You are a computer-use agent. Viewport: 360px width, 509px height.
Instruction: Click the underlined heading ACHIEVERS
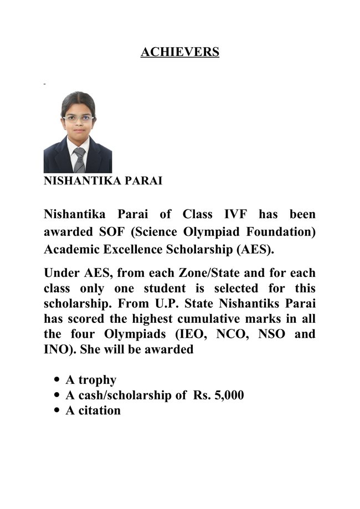[x=180, y=52]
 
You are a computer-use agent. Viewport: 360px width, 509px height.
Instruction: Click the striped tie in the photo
[x=79, y=160]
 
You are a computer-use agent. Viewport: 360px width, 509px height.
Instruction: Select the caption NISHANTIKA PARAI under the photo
[x=103, y=181]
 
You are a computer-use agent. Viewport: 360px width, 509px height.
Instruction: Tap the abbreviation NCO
[x=229, y=335]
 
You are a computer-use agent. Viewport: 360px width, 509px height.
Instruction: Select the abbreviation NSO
[x=272, y=335]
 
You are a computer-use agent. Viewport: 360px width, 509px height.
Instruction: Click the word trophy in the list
[x=97, y=380]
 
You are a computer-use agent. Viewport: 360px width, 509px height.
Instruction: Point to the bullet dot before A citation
[x=58, y=410]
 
